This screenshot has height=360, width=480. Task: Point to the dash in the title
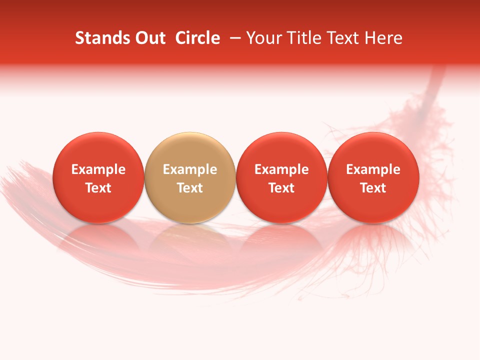click(x=234, y=38)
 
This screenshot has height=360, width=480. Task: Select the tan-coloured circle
click(x=189, y=177)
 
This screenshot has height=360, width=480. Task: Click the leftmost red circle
click(x=98, y=177)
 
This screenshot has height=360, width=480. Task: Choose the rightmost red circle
click(x=373, y=177)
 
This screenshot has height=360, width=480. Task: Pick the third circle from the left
click(x=281, y=177)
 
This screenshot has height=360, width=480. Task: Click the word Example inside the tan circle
click(x=189, y=169)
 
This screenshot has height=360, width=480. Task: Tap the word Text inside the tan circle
click(x=189, y=188)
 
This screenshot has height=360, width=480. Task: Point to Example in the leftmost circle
click(x=98, y=169)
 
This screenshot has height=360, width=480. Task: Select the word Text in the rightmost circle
click(x=373, y=188)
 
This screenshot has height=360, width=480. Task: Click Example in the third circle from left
click(x=281, y=169)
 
